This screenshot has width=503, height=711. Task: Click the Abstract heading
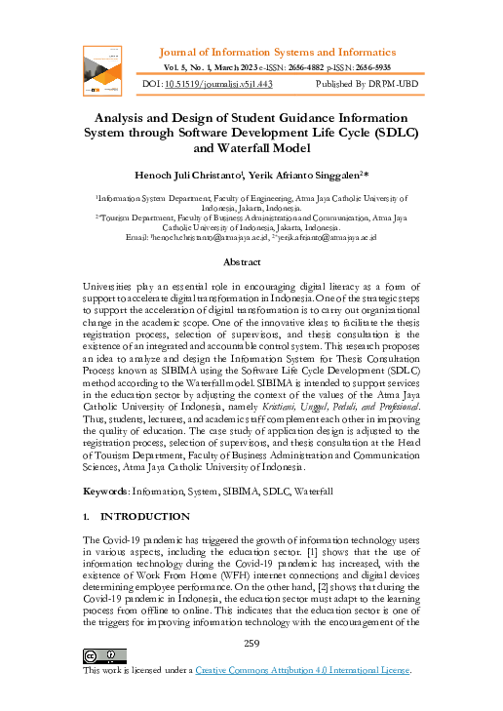pyautogui.click(x=242, y=262)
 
